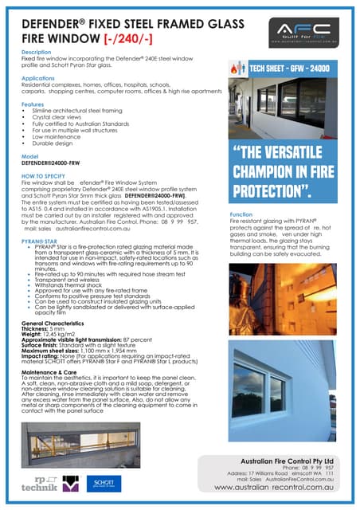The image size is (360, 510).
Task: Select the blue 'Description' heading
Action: coord(37,52)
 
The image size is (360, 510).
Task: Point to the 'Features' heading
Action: coord(33,104)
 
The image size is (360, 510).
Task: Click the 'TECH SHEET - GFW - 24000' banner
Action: coord(295,69)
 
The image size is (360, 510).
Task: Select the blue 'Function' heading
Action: coord(241,215)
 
